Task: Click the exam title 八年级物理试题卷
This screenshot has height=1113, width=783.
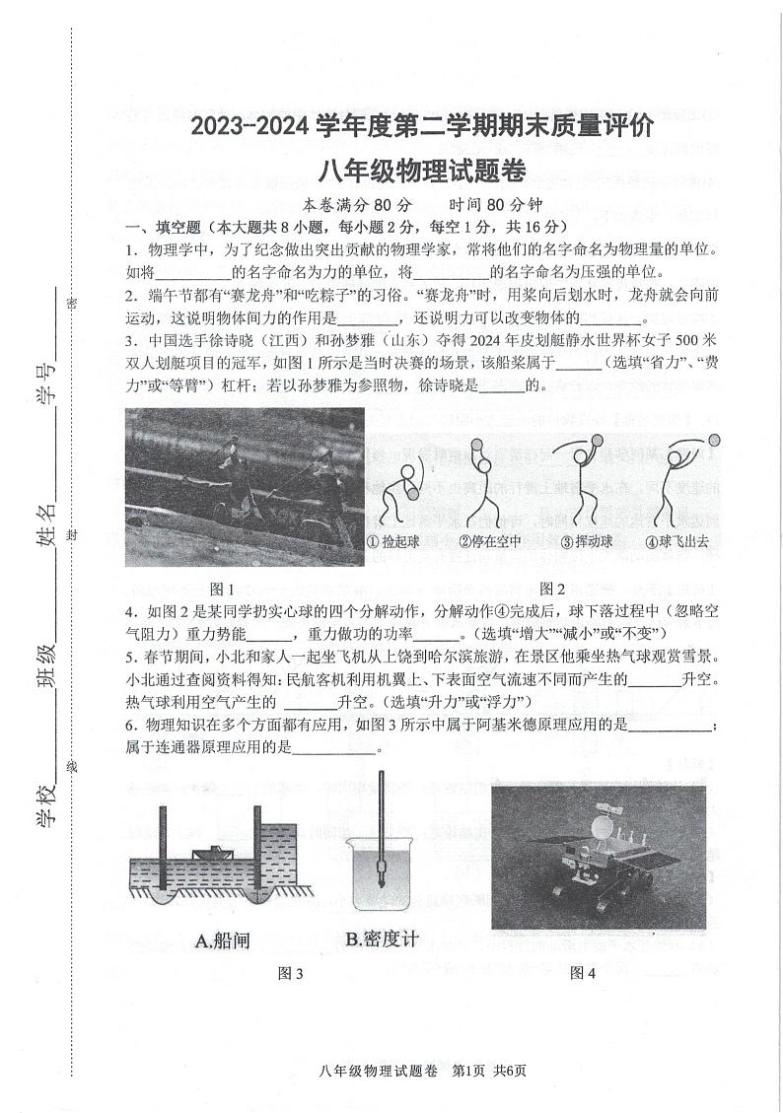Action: point(421,171)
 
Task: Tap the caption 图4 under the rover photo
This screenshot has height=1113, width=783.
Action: point(583,973)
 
